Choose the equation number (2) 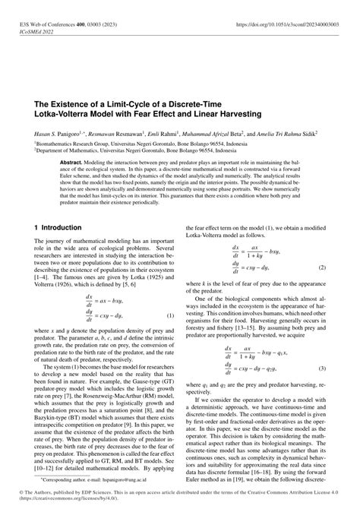pos(322,268)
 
